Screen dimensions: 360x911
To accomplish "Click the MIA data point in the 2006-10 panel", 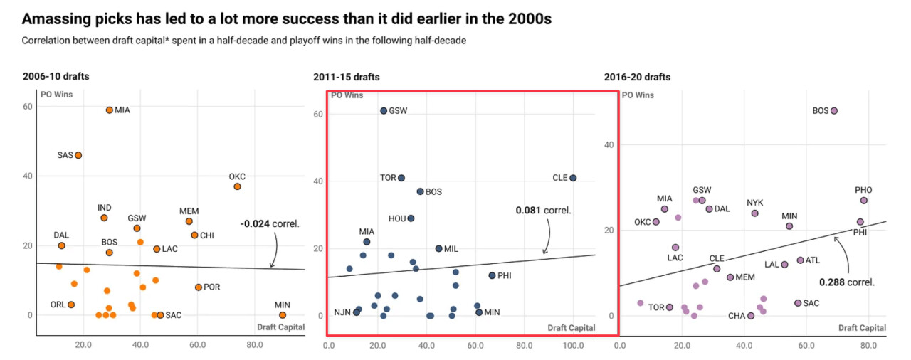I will click(x=109, y=110).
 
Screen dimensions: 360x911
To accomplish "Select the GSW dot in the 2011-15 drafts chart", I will click(x=384, y=111).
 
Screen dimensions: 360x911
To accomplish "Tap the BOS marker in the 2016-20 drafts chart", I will click(x=834, y=111).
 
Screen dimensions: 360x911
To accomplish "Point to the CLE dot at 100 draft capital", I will click(x=573, y=178).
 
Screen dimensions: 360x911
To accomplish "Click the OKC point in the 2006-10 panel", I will click(x=237, y=186).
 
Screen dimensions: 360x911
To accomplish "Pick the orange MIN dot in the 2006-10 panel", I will click(x=283, y=315).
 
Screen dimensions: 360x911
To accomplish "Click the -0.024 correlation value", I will click(x=255, y=223).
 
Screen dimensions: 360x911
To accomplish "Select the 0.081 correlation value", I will click(x=530, y=211).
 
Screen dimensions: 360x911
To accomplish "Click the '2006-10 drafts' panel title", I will click(x=56, y=77).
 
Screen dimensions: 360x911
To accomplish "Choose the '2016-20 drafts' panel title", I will click(x=637, y=77).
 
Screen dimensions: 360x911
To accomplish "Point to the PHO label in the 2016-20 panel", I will click(x=863, y=190).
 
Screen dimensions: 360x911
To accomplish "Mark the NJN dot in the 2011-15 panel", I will click(x=356, y=312).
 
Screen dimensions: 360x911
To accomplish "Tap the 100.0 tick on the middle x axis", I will click(x=574, y=346).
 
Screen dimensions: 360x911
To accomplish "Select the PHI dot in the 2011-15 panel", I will click(x=492, y=275).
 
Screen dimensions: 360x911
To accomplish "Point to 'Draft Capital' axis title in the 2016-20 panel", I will click(x=862, y=328).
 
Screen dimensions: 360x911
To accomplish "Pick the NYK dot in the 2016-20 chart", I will click(x=754, y=213).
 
